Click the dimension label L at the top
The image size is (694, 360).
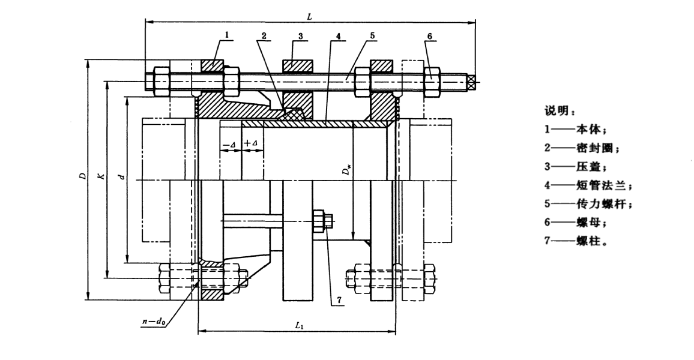click(309, 16)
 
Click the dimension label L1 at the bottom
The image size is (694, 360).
click(299, 325)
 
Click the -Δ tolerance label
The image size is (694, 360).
click(229, 144)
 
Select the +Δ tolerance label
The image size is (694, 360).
click(250, 144)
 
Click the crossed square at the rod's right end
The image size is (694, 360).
click(472, 80)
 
